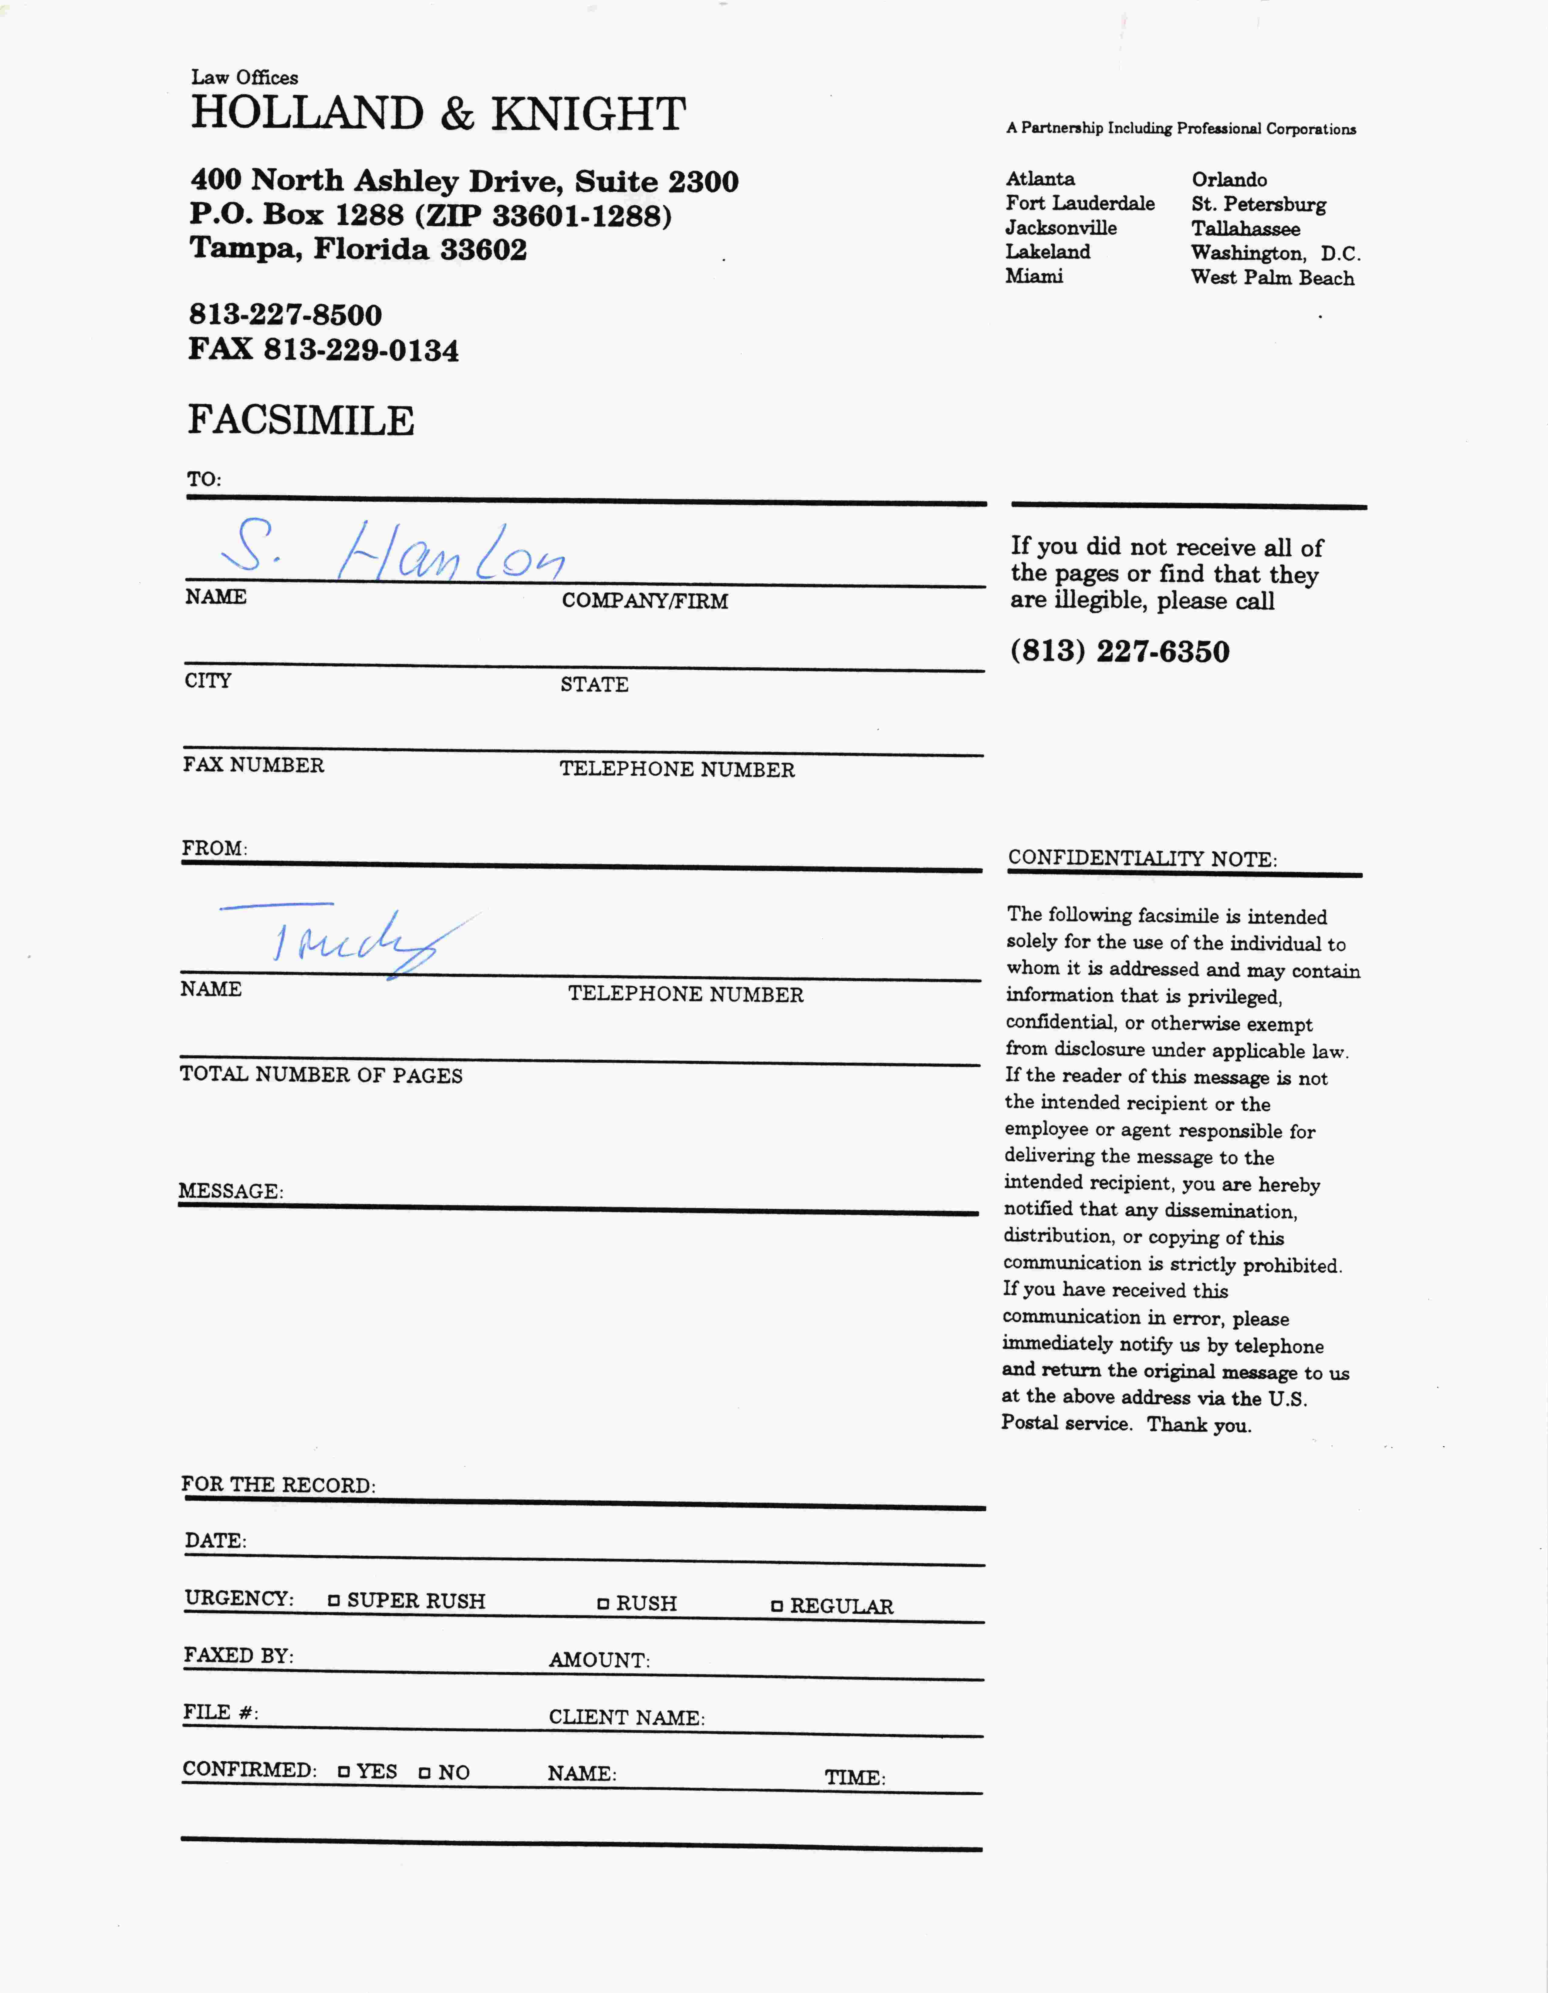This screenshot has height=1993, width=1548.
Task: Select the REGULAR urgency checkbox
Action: [777, 1606]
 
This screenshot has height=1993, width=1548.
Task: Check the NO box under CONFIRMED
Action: [424, 1772]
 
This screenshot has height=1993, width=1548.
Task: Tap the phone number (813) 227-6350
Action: [1120, 651]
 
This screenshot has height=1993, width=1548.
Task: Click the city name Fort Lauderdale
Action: [1080, 204]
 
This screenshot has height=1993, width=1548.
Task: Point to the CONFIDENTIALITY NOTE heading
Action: [1142, 859]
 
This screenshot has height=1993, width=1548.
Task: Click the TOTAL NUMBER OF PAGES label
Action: [321, 1075]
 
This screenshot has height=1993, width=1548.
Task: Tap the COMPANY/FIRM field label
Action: [644, 601]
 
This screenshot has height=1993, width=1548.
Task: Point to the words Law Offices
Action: [245, 78]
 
